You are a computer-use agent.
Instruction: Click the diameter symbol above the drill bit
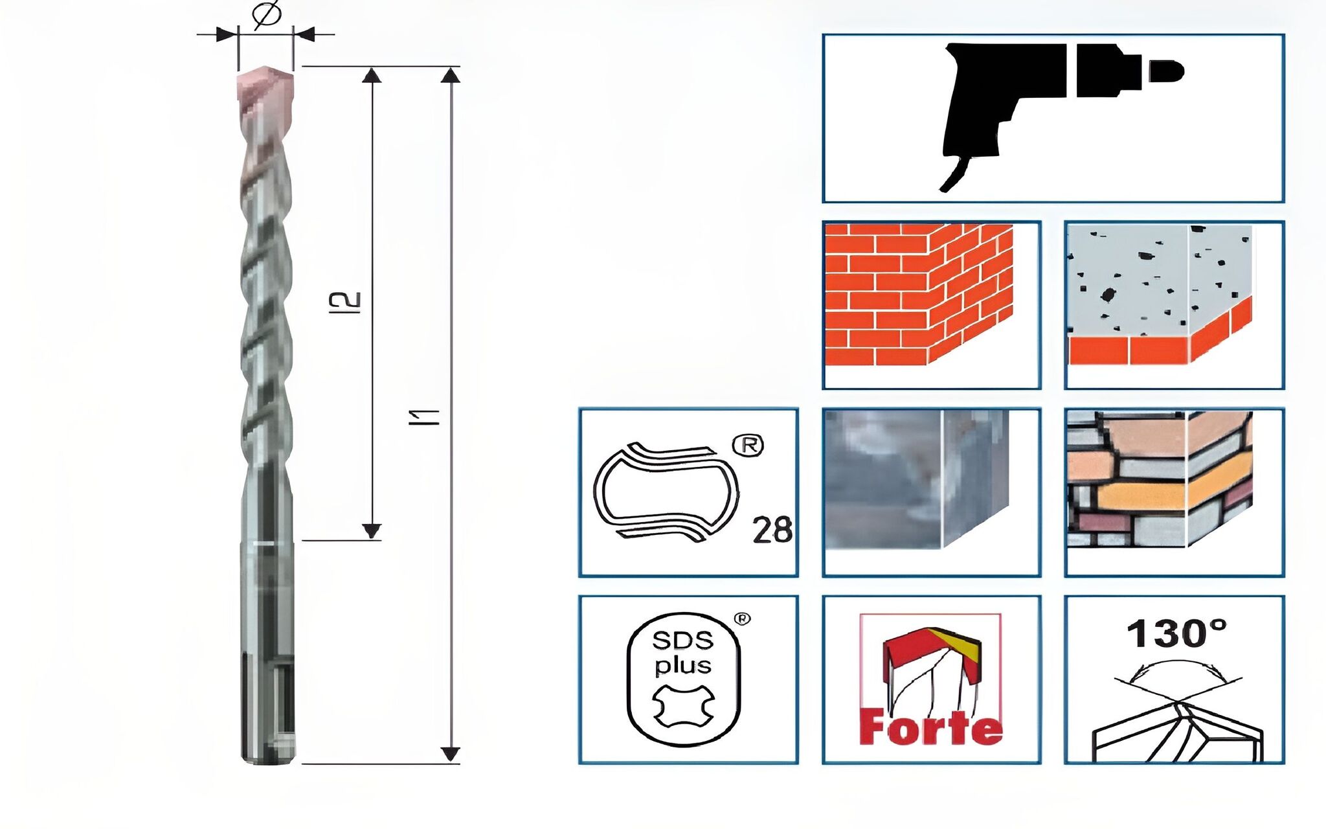click(266, 15)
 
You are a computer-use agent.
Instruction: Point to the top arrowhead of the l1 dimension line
click(451, 75)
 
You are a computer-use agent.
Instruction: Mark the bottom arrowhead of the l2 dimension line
click(372, 531)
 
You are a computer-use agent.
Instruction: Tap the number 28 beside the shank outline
click(772, 530)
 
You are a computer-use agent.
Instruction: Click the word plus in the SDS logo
click(683, 666)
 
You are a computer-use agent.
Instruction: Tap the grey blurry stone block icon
click(916, 479)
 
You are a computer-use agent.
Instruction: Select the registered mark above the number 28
click(748, 446)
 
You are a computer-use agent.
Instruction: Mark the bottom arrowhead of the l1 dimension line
click(451, 755)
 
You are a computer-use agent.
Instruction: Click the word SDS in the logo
click(682, 641)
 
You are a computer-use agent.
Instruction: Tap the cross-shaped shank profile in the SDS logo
click(683, 707)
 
